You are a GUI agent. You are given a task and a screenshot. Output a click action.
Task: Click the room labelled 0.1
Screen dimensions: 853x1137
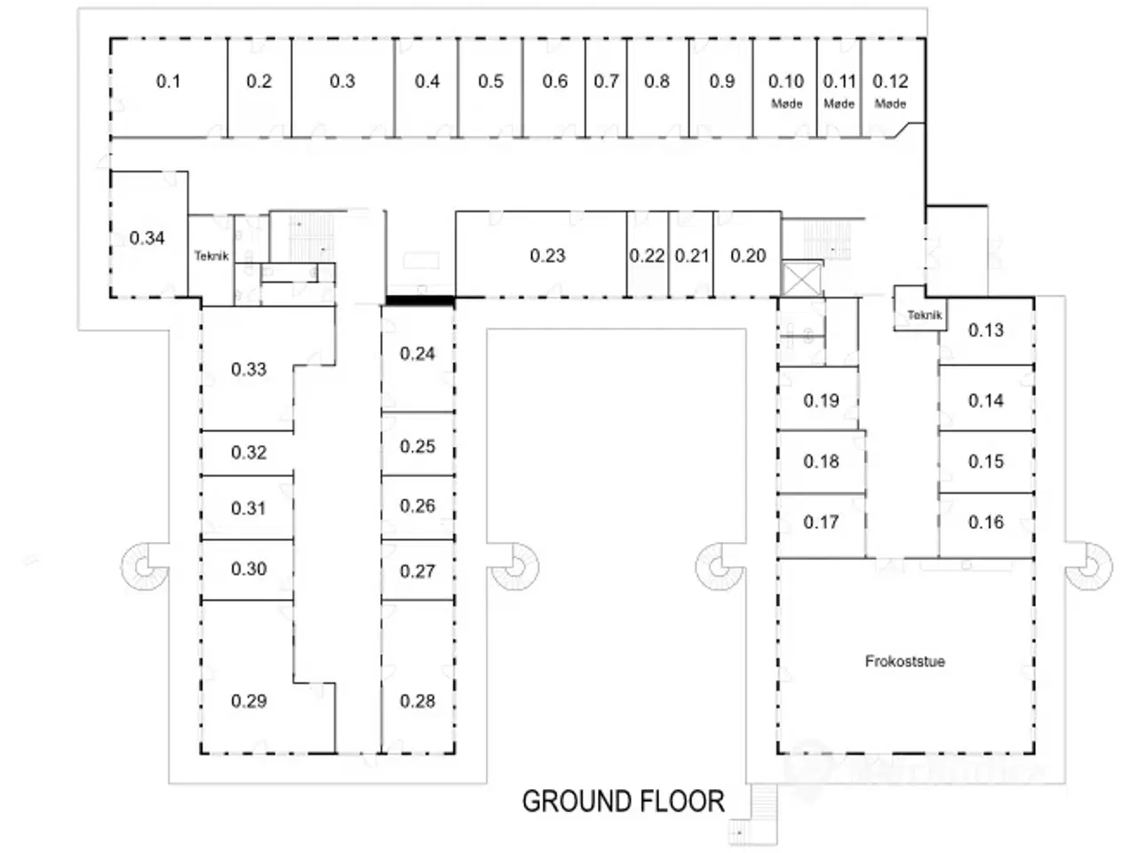pos(168,82)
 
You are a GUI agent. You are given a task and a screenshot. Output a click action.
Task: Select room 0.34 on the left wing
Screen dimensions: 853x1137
pos(147,238)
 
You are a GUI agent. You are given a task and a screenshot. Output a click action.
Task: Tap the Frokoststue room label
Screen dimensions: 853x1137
pos(904,661)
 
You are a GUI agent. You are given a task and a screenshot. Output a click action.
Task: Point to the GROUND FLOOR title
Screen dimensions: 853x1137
pos(623,801)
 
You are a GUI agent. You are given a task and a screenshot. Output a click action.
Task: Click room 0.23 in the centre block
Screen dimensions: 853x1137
pos(547,256)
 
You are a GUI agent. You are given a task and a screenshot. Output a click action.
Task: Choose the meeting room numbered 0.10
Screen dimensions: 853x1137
pos(785,82)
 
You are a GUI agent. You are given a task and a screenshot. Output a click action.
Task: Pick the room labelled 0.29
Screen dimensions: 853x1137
pos(249,701)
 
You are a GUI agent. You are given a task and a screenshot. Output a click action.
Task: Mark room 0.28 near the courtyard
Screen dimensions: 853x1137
pos(417,701)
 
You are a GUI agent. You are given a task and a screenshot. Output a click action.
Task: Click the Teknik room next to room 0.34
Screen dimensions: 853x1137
pos(211,256)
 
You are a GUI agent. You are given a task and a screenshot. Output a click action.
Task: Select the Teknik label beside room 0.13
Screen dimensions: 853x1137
pos(925,315)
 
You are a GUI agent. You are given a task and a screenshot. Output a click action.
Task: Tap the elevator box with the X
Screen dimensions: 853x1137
pos(801,279)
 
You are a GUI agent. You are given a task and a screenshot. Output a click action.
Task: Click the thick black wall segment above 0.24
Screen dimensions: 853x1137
pos(418,301)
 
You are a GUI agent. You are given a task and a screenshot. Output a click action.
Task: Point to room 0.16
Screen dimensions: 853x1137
pos(986,522)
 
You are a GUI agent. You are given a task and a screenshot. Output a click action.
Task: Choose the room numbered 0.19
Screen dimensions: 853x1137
pos(821,401)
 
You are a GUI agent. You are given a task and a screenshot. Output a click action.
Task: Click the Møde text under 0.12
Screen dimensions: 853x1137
pos(890,104)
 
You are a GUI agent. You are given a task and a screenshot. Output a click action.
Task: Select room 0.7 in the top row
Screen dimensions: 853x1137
pos(606,82)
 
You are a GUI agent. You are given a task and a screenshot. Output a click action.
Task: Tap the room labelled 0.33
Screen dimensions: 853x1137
pos(249,370)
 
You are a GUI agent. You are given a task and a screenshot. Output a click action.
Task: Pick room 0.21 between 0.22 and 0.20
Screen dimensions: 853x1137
pos(691,256)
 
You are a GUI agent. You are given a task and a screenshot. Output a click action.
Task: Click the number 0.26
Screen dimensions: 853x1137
pos(417,506)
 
